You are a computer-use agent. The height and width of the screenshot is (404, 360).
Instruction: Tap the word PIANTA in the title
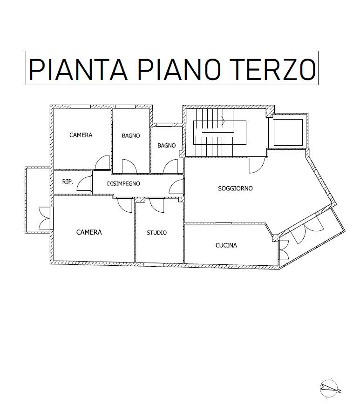[78, 69]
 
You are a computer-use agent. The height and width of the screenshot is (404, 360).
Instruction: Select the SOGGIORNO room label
[235, 189]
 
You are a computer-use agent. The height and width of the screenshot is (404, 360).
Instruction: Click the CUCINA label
[226, 245]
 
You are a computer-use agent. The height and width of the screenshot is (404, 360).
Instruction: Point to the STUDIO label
[157, 233]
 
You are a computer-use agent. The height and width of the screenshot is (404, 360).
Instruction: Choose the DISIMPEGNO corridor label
[123, 184]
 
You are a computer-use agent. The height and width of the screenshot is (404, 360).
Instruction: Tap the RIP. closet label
[68, 182]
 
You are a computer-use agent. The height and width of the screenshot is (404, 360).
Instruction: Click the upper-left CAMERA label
[81, 135]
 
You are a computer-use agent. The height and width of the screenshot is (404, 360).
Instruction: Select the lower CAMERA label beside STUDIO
[89, 232]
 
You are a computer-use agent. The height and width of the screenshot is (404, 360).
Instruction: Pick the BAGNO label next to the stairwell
[167, 146]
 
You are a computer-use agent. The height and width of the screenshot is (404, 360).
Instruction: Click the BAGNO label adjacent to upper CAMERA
[131, 135]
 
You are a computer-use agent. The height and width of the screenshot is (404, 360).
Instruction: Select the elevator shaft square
[288, 132]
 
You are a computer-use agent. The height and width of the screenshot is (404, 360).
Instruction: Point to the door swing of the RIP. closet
[84, 183]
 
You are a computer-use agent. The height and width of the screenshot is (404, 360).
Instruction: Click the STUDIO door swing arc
[156, 205]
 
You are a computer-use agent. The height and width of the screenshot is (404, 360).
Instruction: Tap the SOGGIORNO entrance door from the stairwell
[257, 165]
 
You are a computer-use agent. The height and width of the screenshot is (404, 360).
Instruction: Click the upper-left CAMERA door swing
[102, 162]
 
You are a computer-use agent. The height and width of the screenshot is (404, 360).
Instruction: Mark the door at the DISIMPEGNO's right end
[177, 187]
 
